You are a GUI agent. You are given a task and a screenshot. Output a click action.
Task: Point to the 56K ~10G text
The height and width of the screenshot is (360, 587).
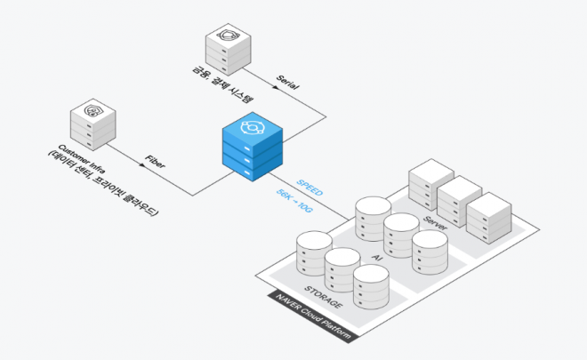tap(295, 198)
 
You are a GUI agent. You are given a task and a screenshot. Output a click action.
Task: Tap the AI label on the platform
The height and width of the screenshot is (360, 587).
tap(375, 257)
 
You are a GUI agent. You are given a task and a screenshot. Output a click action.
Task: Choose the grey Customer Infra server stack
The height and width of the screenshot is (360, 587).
tap(92, 128)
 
